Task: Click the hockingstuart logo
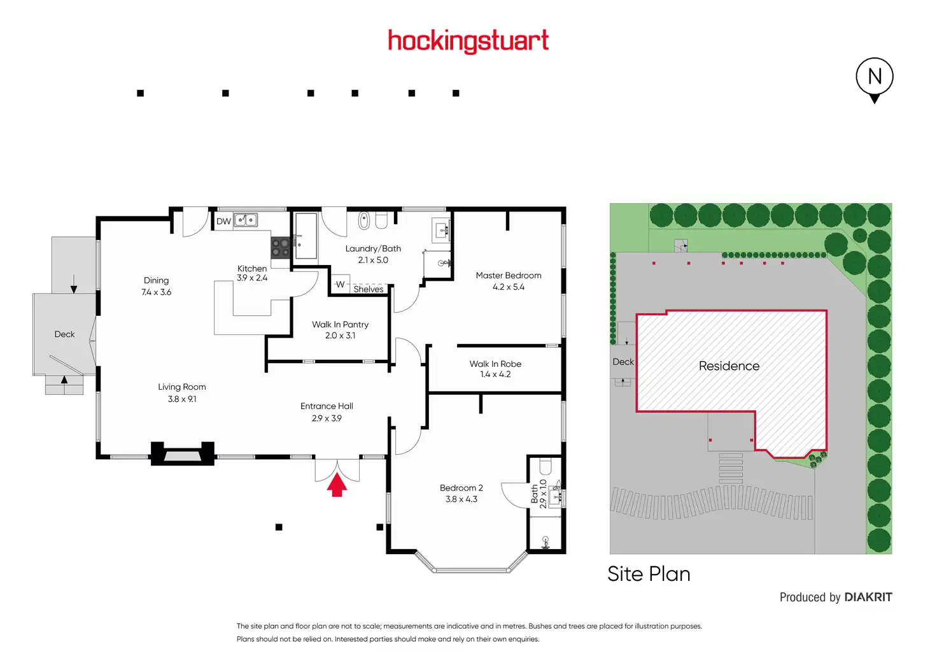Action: pyautogui.click(x=468, y=41)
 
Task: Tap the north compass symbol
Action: pyautogui.click(x=874, y=80)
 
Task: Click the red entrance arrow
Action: pyautogui.click(x=337, y=484)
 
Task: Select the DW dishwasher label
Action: pyautogui.click(x=224, y=222)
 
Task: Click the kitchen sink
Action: pyautogui.click(x=246, y=220)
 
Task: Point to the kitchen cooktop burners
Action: pyautogui.click(x=280, y=247)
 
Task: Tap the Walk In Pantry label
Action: pyautogui.click(x=340, y=324)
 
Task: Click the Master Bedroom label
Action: pyautogui.click(x=508, y=275)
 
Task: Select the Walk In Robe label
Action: pyautogui.click(x=495, y=364)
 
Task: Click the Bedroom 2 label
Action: pyautogui.click(x=461, y=488)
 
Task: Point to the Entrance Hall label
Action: pyautogui.click(x=327, y=406)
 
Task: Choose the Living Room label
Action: pyautogui.click(x=181, y=387)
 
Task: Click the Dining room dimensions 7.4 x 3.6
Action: pyautogui.click(x=156, y=292)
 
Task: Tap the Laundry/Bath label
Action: pyautogui.click(x=373, y=248)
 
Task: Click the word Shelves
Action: pyautogui.click(x=368, y=289)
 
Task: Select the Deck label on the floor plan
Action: pyautogui.click(x=64, y=334)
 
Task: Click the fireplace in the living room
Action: pyautogui.click(x=183, y=453)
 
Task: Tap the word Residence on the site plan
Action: pyautogui.click(x=729, y=366)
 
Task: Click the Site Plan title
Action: pyautogui.click(x=649, y=574)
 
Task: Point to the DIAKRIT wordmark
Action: pyautogui.click(x=868, y=597)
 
